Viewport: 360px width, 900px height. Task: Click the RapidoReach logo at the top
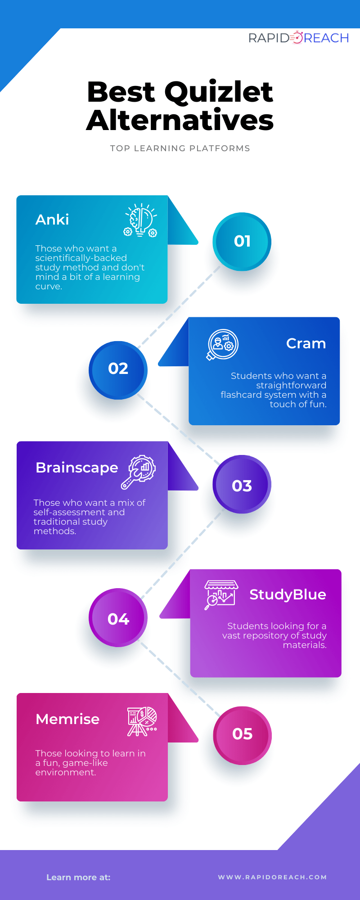coord(298,38)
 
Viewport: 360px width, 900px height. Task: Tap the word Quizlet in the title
coord(219,92)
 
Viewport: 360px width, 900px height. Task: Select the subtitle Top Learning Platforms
coord(180,148)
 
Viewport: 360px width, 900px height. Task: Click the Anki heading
coord(52,220)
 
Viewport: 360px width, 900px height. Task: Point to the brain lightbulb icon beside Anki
coord(141,220)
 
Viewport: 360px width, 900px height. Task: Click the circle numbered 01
coord(242,242)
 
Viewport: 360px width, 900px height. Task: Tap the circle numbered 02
coord(118,369)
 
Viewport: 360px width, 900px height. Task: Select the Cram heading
coord(306,344)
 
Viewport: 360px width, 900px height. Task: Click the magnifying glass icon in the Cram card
coord(222,345)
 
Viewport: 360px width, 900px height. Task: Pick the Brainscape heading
coord(77,468)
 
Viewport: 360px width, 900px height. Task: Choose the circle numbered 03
coord(242,485)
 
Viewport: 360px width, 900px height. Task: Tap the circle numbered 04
coord(118,619)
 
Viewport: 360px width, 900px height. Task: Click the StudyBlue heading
coord(288,594)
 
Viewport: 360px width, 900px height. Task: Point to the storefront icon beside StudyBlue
coord(220,594)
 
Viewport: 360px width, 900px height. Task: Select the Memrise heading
coord(67,719)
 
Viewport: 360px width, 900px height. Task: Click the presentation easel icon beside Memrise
coord(142,721)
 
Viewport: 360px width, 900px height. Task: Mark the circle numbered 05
coord(242,735)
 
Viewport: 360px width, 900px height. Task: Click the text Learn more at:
coord(78,877)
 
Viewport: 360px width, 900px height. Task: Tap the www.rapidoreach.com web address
coord(272,877)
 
